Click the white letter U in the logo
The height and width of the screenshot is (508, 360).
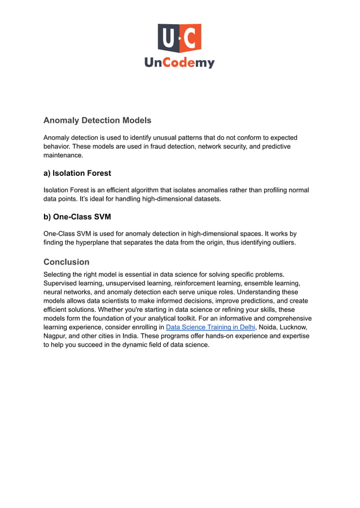(168, 38)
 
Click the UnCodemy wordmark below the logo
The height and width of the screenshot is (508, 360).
(179, 63)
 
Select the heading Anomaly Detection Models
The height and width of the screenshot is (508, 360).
(97, 120)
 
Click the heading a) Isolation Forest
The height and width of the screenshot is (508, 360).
(77, 173)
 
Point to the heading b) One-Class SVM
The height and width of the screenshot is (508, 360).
(77, 216)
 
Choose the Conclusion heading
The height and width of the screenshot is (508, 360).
(67, 262)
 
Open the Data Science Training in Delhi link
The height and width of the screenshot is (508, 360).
(210, 327)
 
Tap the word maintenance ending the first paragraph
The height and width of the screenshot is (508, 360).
(63, 155)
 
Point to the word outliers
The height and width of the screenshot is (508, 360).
(281, 242)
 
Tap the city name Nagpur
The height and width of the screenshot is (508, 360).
(55, 336)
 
